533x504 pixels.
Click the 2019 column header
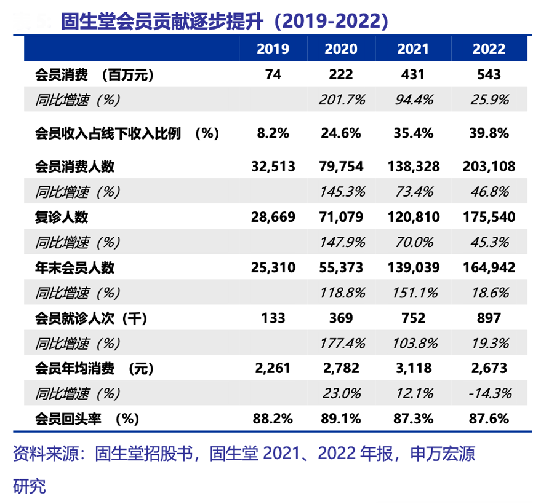pyautogui.click(x=273, y=49)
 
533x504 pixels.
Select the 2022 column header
pyautogui.click(x=489, y=49)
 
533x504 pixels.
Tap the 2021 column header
pyautogui.click(x=412, y=49)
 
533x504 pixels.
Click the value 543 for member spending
pyautogui.click(x=489, y=74)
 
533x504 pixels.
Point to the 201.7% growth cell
pyautogui.click(x=342, y=100)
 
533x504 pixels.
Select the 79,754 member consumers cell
pyautogui.click(x=342, y=167)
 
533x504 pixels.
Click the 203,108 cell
pyautogui.click(x=489, y=167)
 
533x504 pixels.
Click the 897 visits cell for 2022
pyautogui.click(x=489, y=318)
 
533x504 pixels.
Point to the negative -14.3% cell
pyautogui.click(x=489, y=393)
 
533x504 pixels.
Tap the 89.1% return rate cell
pyautogui.click(x=342, y=419)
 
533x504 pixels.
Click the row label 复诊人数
pyautogui.click(x=62, y=217)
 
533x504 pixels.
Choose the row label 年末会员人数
pyautogui.click(x=74, y=267)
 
